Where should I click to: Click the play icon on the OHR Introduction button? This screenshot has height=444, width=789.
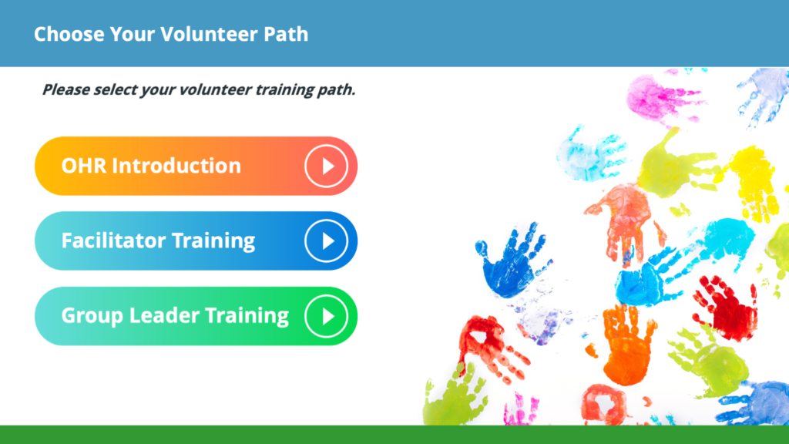click(x=326, y=166)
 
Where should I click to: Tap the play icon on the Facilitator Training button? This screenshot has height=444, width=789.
click(x=326, y=241)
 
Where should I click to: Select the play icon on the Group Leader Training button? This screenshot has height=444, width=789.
click(x=326, y=316)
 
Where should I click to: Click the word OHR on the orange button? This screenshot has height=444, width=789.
click(x=84, y=166)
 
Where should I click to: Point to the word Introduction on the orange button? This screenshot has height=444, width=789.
click(x=176, y=166)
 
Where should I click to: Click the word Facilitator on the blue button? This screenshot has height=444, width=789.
click(x=114, y=240)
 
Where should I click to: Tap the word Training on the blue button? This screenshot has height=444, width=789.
click(x=214, y=241)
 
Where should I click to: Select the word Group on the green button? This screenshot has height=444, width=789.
click(x=92, y=316)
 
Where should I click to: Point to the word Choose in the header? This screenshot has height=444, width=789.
click(x=69, y=34)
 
